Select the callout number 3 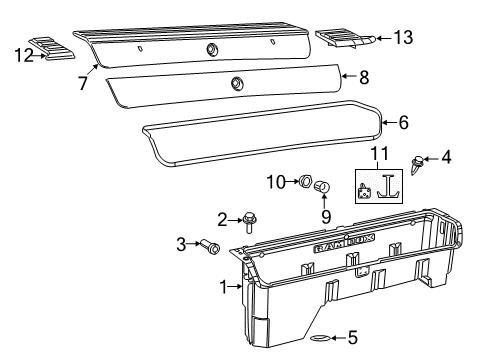coord(181,243)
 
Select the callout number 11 coord(377,152)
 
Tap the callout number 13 coord(403,38)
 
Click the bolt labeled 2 coord(250,221)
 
